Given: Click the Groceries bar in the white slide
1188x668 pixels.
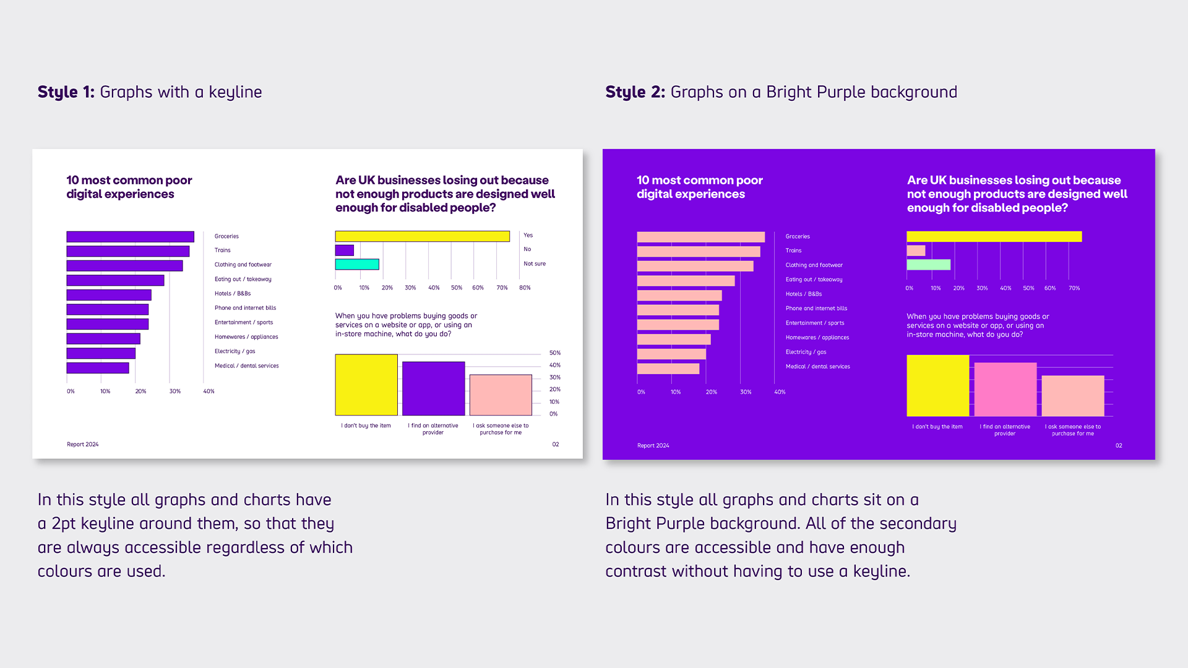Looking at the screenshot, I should click(x=130, y=237).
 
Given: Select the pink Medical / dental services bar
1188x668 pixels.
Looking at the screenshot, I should click(x=668, y=369).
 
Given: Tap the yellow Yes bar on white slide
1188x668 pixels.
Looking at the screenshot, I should click(x=422, y=236).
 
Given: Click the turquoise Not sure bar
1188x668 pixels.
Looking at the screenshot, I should click(x=356, y=264).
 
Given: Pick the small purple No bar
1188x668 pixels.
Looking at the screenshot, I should click(x=344, y=250).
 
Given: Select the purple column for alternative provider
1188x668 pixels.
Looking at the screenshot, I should click(x=433, y=388).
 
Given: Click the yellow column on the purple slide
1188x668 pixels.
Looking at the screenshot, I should click(x=937, y=385).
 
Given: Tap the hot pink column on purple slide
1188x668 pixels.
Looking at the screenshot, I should click(x=1005, y=389).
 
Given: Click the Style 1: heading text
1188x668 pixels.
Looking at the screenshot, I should click(x=66, y=92).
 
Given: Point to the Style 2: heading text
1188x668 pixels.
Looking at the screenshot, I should click(x=635, y=92).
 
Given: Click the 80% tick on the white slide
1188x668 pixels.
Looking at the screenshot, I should click(x=525, y=288).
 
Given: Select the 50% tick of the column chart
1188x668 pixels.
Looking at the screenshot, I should click(x=555, y=353).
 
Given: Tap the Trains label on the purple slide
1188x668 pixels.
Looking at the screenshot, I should click(x=793, y=250).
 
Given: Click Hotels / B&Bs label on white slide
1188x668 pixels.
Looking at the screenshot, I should click(x=233, y=294).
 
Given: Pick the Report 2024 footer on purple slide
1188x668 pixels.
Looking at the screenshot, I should click(x=653, y=445).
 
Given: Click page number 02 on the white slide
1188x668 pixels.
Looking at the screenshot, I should click(x=556, y=444).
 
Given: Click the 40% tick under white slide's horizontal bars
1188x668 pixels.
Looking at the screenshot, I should click(x=209, y=392).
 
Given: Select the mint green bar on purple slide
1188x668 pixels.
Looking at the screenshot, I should click(x=928, y=265).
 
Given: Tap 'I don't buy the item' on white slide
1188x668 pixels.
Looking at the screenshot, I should click(x=366, y=426).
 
